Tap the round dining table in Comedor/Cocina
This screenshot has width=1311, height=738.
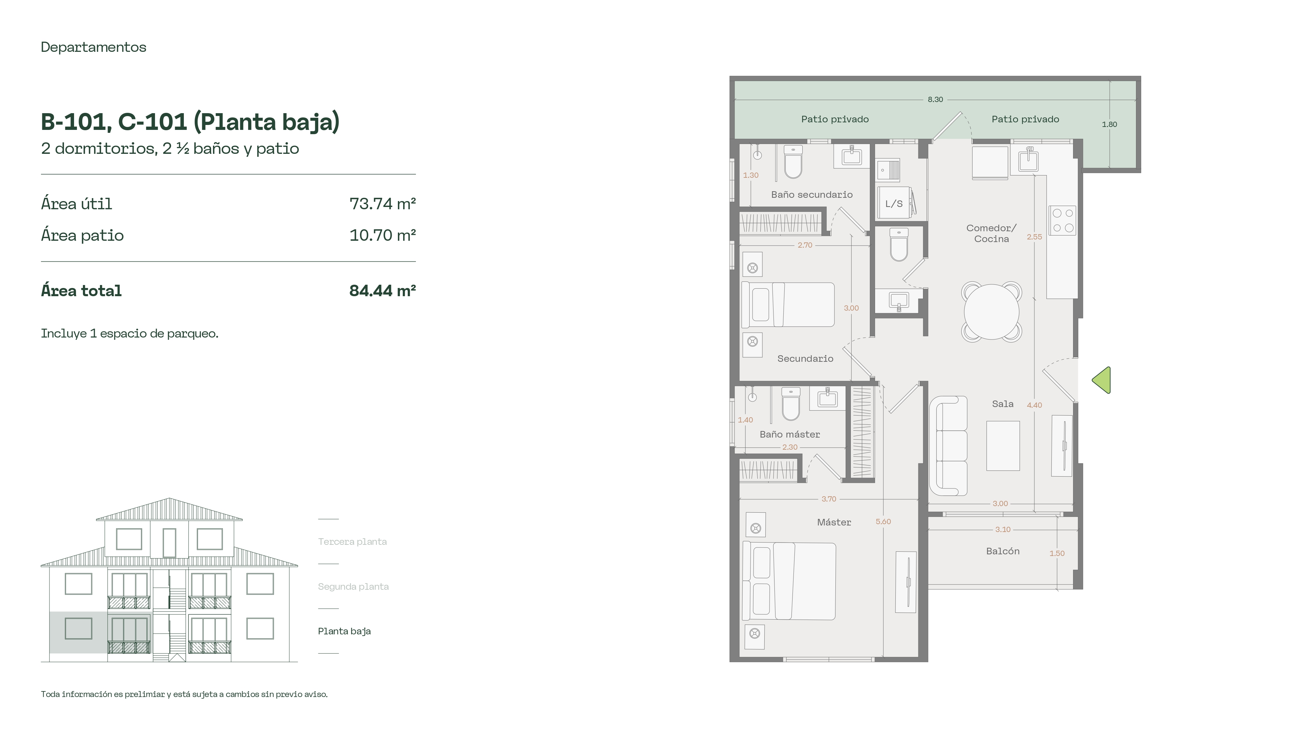991,311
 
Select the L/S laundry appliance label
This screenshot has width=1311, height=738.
894,204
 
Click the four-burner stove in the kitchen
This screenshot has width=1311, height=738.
1063,220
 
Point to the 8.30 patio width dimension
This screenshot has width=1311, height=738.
935,99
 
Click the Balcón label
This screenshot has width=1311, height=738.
1003,551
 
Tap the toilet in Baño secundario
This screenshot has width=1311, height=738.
793,162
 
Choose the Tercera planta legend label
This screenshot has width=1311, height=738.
352,542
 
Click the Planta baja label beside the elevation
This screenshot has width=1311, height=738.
344,631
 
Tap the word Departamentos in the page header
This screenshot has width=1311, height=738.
94,47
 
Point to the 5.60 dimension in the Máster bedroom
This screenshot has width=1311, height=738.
884,522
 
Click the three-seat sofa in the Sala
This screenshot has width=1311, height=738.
949,446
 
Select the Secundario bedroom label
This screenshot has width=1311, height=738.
805,359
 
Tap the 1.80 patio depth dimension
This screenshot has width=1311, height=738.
1109,124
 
